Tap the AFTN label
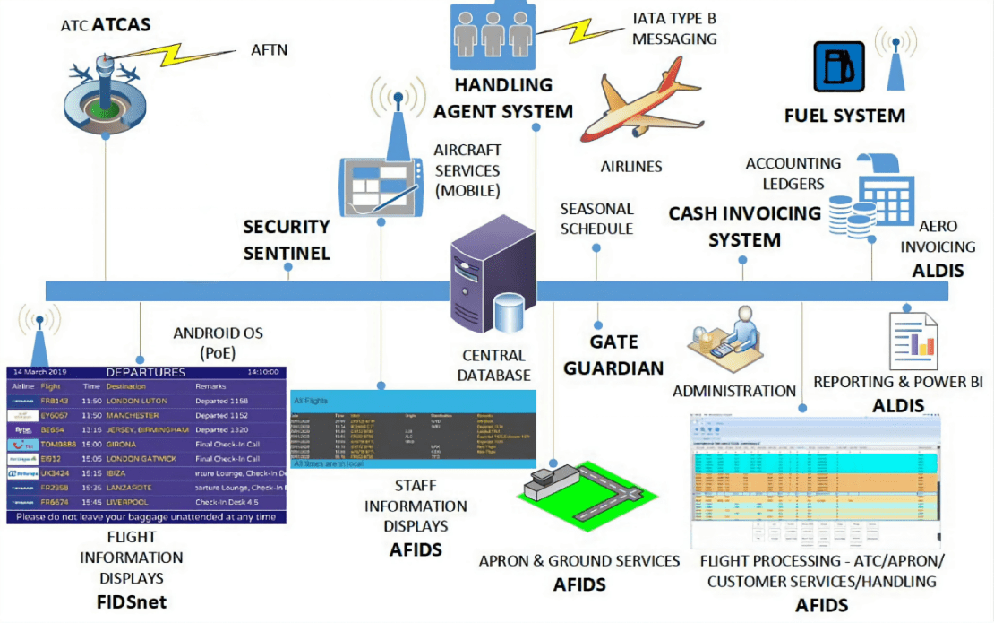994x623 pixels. click(270, 50)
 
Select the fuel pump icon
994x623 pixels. click(839, 66)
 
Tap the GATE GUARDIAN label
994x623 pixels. click(626, 355)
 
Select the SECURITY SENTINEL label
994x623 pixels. click(287, 240)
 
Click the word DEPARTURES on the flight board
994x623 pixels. click(145, 372)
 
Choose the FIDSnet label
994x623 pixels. click(131, 601)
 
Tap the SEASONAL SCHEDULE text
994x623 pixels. click(596, 219)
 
